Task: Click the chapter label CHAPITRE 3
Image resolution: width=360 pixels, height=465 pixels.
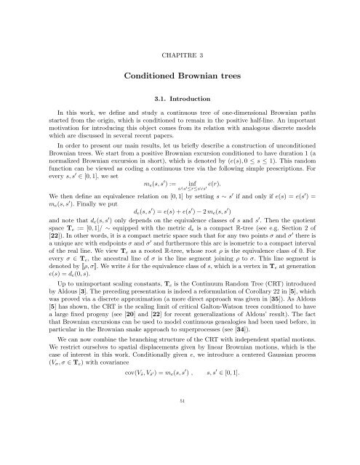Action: pyautogui.click(x=180, y=33)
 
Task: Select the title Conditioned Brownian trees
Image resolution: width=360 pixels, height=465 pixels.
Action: pyautogui.click(x=180, y=74)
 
